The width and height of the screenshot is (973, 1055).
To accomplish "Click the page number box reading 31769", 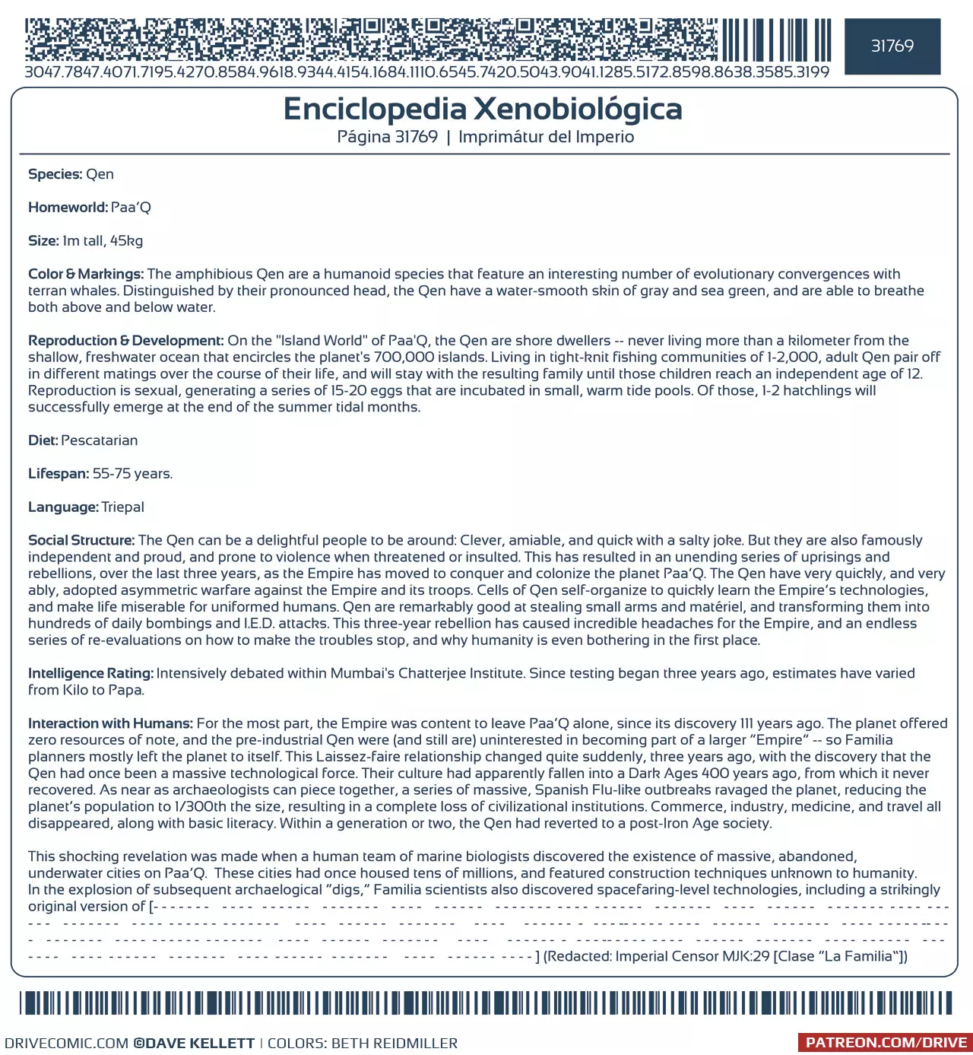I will pos(892,46).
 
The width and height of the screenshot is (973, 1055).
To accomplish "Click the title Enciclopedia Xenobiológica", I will pos(483,109).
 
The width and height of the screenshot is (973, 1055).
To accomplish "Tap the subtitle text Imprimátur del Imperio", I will pos(546,137).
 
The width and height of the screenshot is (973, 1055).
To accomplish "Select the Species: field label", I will pos(55,174).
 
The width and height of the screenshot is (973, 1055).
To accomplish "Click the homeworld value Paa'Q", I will pos(131,208).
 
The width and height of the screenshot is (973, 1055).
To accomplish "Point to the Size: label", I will pos(43,241).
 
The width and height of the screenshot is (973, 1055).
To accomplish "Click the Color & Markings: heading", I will pos(86,274).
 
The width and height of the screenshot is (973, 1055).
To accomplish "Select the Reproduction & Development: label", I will pos(125,341).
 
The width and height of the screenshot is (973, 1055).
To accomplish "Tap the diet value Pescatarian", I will pos(100,440).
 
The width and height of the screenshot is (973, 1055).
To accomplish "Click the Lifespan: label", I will pos(59,474).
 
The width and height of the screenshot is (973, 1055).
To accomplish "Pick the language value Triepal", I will pos(122,507).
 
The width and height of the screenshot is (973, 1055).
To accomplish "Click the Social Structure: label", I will pos(81,540).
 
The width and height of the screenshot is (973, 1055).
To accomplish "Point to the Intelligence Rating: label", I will pos(90,673).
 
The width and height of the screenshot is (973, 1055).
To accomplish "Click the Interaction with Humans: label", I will pos(110,723).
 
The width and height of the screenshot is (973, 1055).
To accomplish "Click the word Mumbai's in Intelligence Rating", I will pos(364,673).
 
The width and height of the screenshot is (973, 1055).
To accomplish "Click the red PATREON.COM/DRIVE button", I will pos(886,1043).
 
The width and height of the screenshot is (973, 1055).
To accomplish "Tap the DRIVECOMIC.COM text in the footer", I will pos(67,1044).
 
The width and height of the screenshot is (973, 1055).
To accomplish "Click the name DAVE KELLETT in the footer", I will pos(199,1044).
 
